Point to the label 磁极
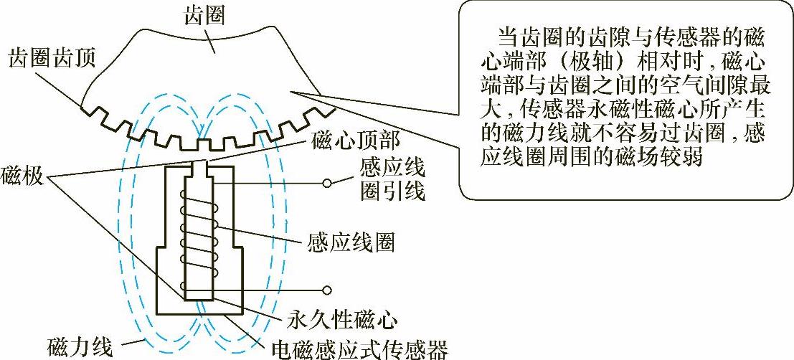(x=22, y=174)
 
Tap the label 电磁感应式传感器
(x=360, y=350)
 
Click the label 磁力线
(x=80, y=349)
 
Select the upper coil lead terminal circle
(x=327, y=183)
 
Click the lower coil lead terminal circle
(x=327, y=290)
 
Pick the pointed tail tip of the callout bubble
(x=295, y=90)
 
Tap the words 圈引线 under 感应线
(x=390, y=191)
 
